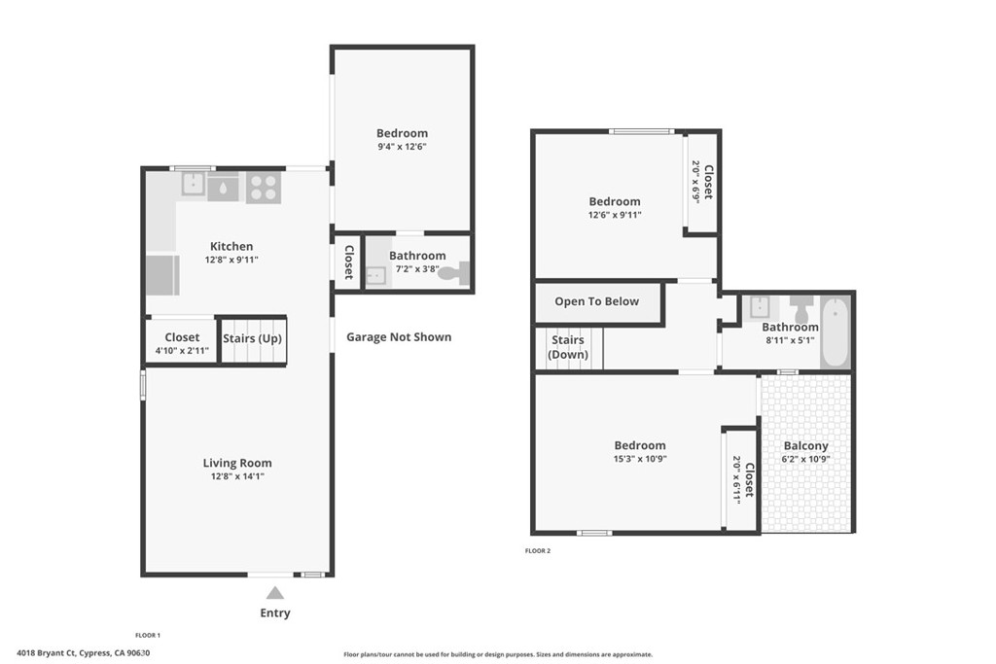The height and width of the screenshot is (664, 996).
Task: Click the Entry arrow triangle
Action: (x=275, y=593)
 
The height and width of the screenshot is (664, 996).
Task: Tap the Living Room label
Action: (x=237, y=464)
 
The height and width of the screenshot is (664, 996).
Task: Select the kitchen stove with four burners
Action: (x=263, y=187)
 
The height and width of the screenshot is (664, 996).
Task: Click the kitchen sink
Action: (x=223, y=187)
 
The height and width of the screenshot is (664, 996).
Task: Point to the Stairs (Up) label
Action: (x=252, y=338)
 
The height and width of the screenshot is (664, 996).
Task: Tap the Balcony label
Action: (x=806, y=446)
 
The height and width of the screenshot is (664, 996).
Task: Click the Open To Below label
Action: (x=597, y=301)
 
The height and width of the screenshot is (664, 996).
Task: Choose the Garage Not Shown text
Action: (x=399, y=337)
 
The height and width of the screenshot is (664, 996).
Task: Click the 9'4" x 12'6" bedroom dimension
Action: (x=403, y=147)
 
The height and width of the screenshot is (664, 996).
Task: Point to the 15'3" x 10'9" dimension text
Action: (x=640, y=459)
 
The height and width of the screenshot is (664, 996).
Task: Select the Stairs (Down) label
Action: (x=568, y=347)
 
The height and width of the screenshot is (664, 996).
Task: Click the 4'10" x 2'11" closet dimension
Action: (x=182, y=351)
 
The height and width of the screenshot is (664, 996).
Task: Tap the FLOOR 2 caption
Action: (x=538, y=551)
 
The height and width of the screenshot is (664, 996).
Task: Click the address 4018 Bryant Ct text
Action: (x=83, y=653)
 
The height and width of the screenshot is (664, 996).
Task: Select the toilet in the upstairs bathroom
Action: (x=802, y=308)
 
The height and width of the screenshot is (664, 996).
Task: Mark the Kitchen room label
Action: (x=231, y=247)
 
